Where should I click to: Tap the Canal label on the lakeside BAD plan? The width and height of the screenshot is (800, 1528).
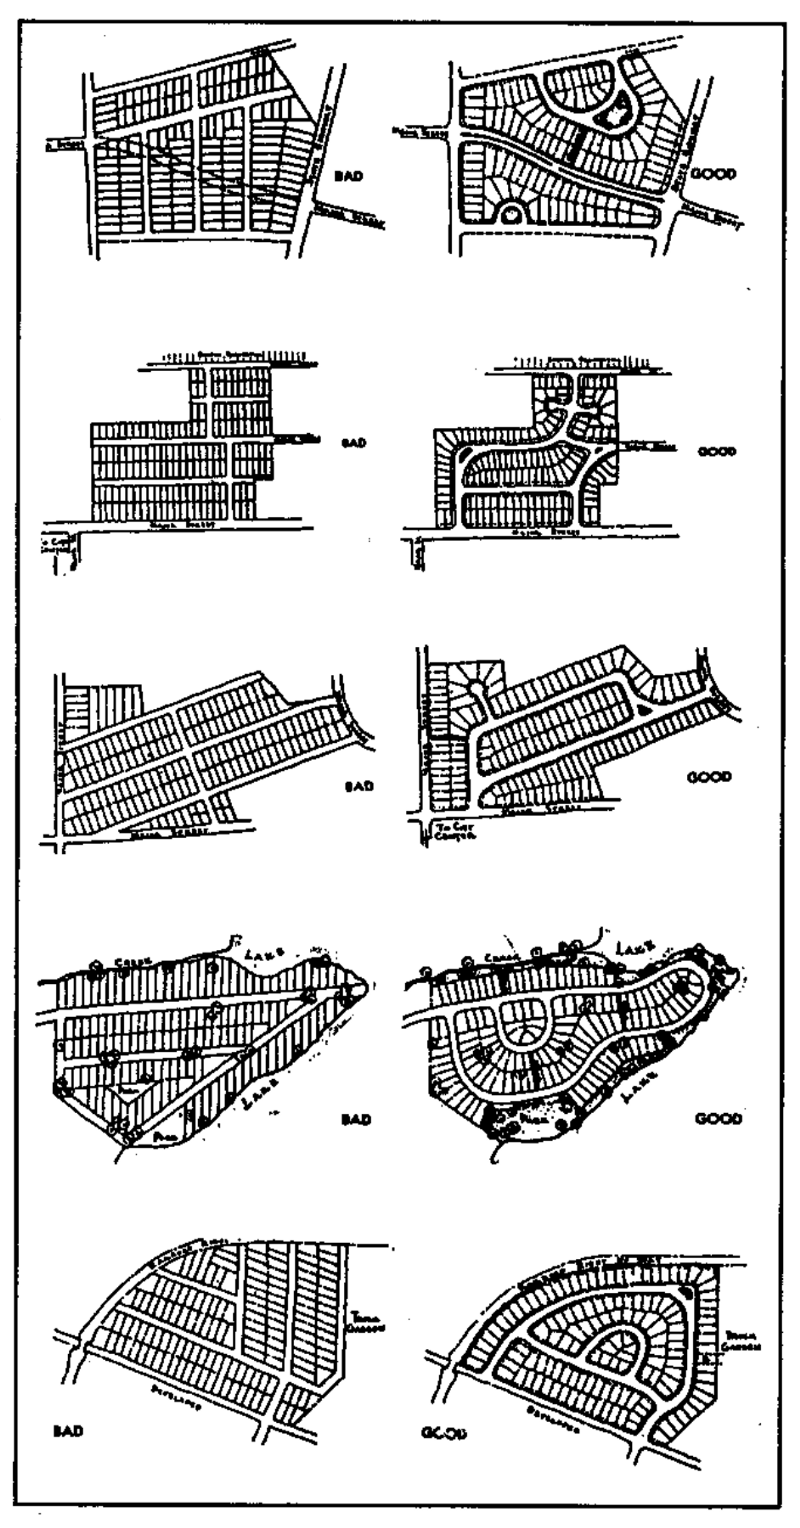135,959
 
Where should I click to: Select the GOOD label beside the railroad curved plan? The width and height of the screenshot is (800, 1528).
716,451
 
